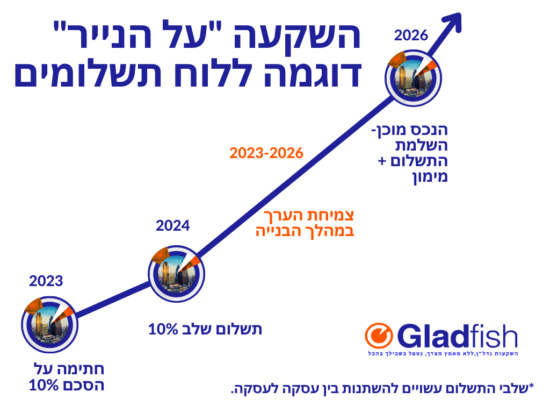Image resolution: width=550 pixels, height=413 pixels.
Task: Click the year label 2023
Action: pos(46,281)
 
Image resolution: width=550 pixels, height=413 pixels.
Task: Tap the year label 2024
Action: pos(172,225)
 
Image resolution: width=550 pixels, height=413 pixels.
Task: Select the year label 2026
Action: pos(411,35)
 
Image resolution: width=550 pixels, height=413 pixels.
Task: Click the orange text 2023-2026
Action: pos(266,153)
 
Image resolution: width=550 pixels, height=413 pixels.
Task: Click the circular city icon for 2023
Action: pos(50,324)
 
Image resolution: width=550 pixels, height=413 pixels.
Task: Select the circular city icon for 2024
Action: pos(176,274)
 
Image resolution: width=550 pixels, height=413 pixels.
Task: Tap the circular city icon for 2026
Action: pos(413,78)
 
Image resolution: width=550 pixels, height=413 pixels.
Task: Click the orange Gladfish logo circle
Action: pos(379,336)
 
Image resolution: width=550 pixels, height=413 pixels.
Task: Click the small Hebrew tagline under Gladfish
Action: pos(443,353)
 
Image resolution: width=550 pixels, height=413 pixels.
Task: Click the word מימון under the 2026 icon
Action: pos(430,176)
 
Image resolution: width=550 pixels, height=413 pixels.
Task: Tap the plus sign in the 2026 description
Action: pos(382,161)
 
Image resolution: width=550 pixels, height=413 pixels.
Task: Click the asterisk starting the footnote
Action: pos(531,386)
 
